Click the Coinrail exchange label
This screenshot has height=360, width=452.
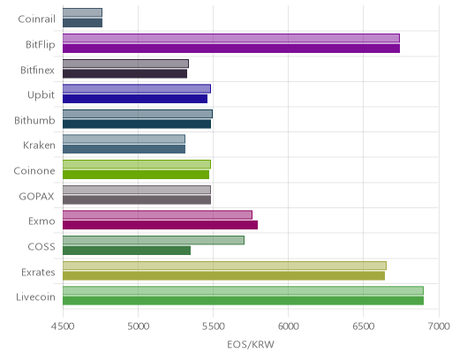(36, 19)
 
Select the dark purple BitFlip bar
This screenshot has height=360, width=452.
(231, 49)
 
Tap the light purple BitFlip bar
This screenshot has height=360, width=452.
(231, 38)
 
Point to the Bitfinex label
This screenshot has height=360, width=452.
(37, 71)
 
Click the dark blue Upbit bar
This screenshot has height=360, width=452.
(135, 99)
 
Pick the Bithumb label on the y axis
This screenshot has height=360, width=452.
(34, 121)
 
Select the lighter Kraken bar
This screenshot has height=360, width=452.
(124, 139)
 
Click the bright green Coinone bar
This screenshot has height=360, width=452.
(136, 175)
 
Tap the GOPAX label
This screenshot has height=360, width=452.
(36, 197)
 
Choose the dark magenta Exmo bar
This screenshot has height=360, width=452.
(161, 225)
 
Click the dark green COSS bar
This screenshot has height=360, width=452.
(126, 251)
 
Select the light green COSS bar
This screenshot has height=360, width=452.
(154, 240)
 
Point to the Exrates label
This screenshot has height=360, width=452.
(38, 273)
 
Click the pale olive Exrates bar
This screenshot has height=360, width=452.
(224, 266)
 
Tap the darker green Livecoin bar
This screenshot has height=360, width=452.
(244, 301)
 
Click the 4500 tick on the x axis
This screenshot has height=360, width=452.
(63, 326)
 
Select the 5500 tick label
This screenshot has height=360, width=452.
(214, 326)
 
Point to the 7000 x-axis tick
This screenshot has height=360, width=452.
(439, 326)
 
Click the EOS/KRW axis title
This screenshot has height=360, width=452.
(251, 344)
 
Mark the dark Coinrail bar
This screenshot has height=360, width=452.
(83, 23)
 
